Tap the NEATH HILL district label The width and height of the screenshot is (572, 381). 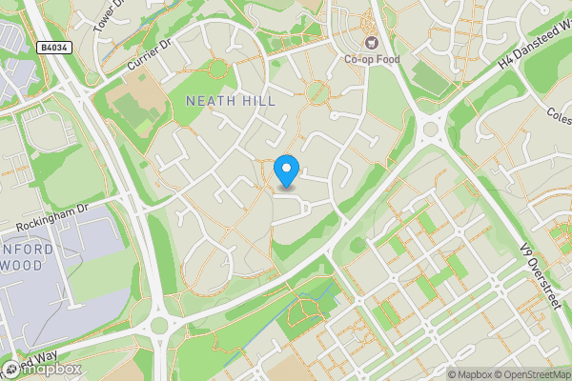coord(231,101)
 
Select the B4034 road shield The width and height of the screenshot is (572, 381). coord(52,47)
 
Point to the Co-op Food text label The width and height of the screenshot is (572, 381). coord(371,59)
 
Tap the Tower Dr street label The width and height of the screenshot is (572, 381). coord(110,16)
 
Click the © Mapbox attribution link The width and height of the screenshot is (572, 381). coord(468,374)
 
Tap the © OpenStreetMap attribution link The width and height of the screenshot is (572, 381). coord(532,374)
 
